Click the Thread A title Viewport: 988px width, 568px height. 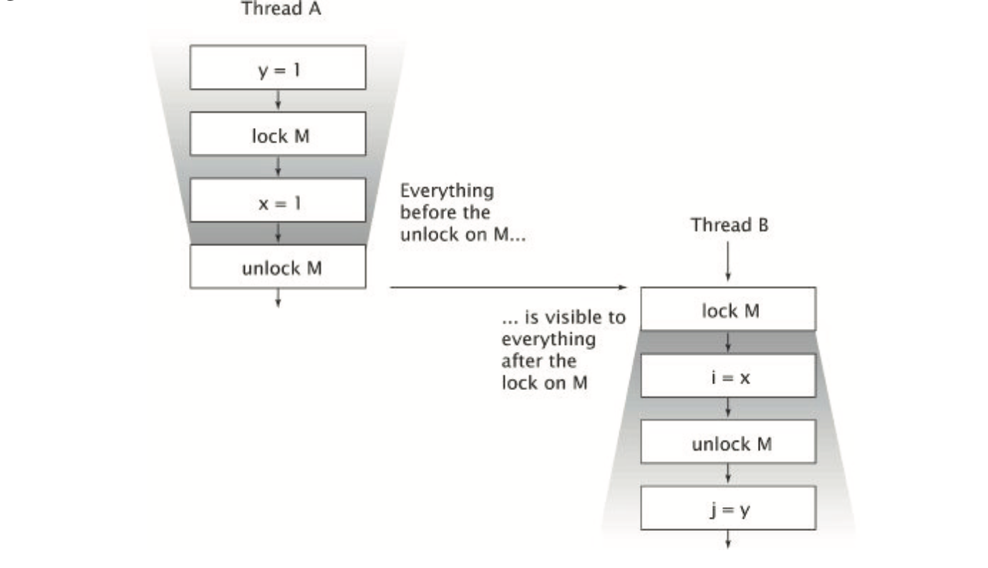click(x=281, y=10)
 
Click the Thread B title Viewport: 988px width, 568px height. click(x=727, y=225)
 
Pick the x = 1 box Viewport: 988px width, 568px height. click(x=278, y=202)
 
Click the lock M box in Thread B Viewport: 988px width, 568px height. click(x=728, y=310)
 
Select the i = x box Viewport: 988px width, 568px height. click(x=728, y=376)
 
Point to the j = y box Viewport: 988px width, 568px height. click(x=728, y=509)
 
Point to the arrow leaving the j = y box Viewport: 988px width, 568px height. click(x=728, y=539)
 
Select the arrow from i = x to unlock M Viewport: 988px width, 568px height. click(x=728, y=408)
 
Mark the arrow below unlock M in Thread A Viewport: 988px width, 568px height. click(x=278, y=298)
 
